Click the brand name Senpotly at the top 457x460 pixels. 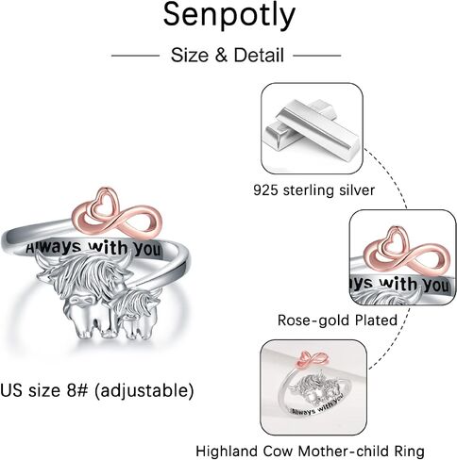(x=229, y=15)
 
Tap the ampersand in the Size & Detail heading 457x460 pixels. (x=221, y=56)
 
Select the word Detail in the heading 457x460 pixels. (x=259, y=55)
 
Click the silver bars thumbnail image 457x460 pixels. (x=313, y=128)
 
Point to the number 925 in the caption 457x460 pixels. (x=265, y=190)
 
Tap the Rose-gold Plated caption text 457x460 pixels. (x=337, y=320)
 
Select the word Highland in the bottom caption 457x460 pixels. (x=227, y=452)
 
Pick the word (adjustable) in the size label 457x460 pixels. (x=144, y=390)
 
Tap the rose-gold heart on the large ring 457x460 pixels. (x=104, y=203)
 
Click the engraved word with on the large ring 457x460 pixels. (x=108, y=248)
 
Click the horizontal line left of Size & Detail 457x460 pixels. (x=135, y=56)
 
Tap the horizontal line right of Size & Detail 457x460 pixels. (x=317, y=56)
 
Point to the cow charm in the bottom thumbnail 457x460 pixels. (x=318, y=389)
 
